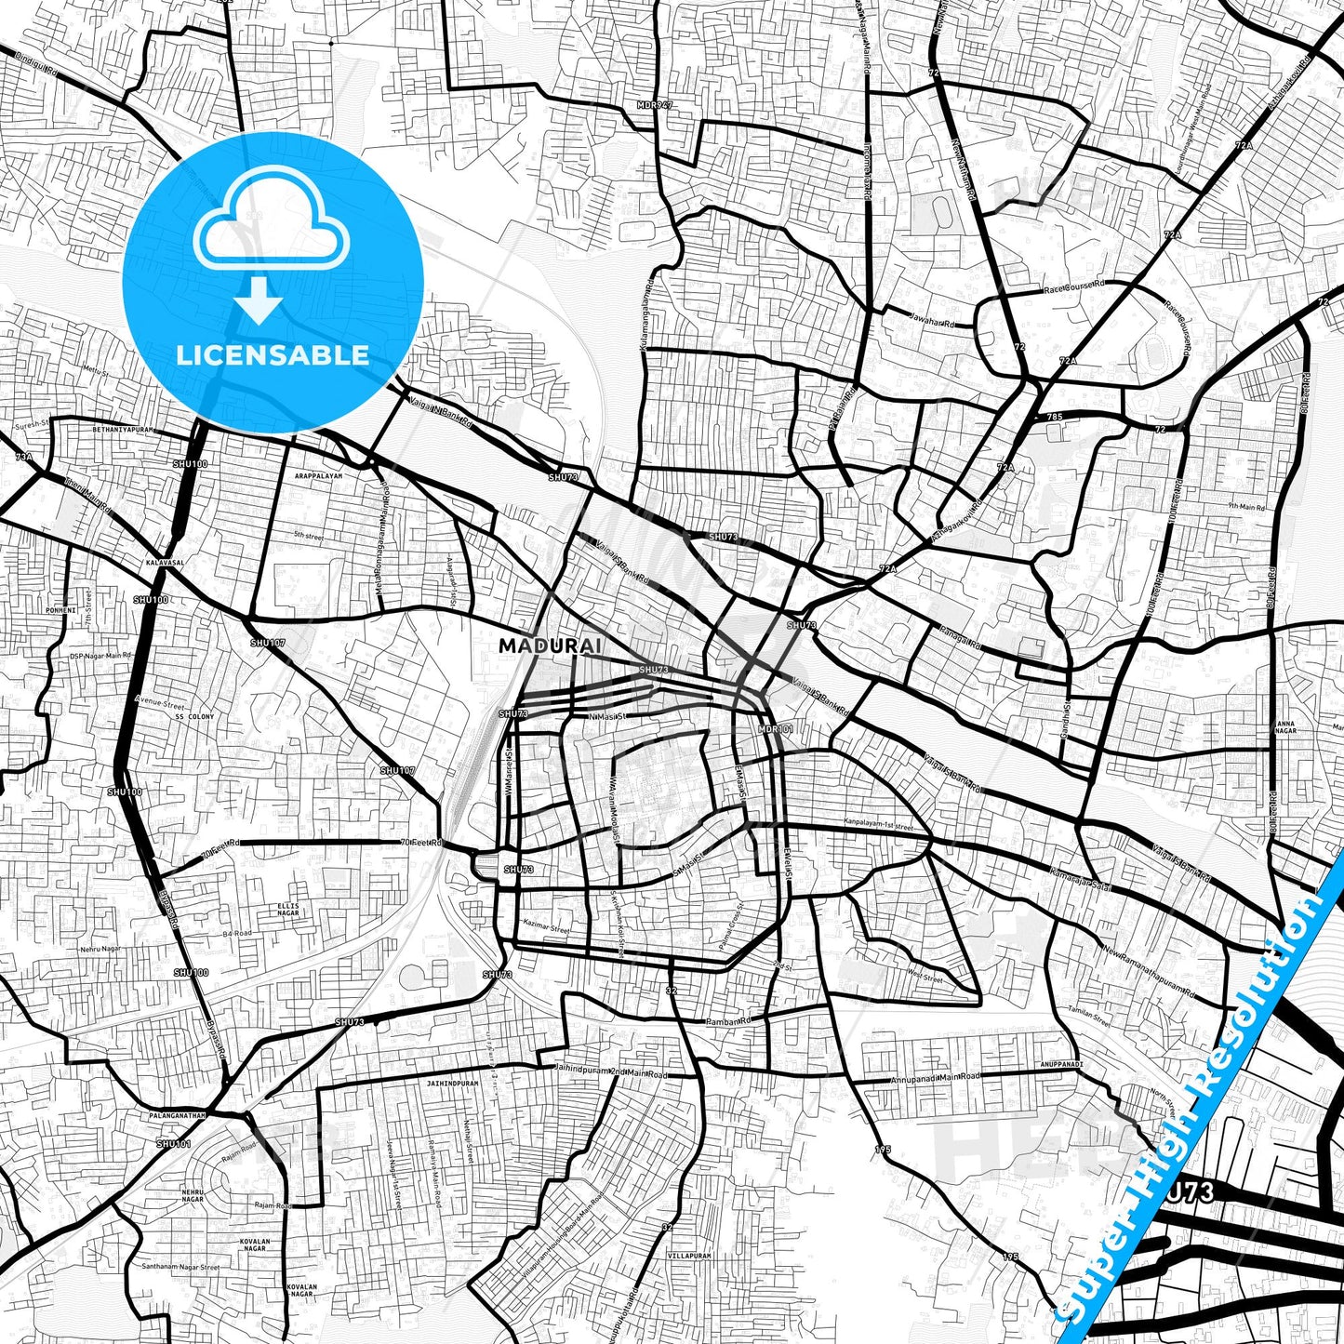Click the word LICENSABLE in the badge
coord(273,354)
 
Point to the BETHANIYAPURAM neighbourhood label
coord(122,432)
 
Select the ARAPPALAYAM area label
coord(319,475)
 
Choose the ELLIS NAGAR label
coord(289,909)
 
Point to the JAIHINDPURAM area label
coord(453,1084)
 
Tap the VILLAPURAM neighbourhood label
coord(689,1256)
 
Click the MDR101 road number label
coord(776,730)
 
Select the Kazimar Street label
coord(546,928)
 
